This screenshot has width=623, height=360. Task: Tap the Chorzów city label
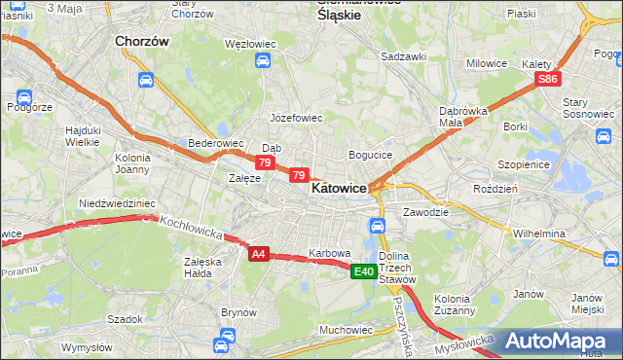(x=142, y=42)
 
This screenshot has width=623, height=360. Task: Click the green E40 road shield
(x=364, y=270)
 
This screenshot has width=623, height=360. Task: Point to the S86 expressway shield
(x=548, y=79)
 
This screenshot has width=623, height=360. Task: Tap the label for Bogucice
(x=370, y=155)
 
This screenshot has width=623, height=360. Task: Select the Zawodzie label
(x=424, y=212)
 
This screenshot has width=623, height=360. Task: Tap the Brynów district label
(x=238, y=312)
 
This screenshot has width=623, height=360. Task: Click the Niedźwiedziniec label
(x=117, y=203)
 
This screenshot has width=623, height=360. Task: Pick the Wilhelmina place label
(x=539, y=234)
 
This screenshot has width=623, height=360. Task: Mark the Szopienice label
(x=524, y=165)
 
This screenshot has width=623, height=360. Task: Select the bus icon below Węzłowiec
(x=263, y=61)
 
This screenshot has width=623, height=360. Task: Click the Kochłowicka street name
(x=192, y=229)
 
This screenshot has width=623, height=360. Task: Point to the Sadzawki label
(x=404, y=56)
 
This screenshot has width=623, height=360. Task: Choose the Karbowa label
(x=329, y=253)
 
